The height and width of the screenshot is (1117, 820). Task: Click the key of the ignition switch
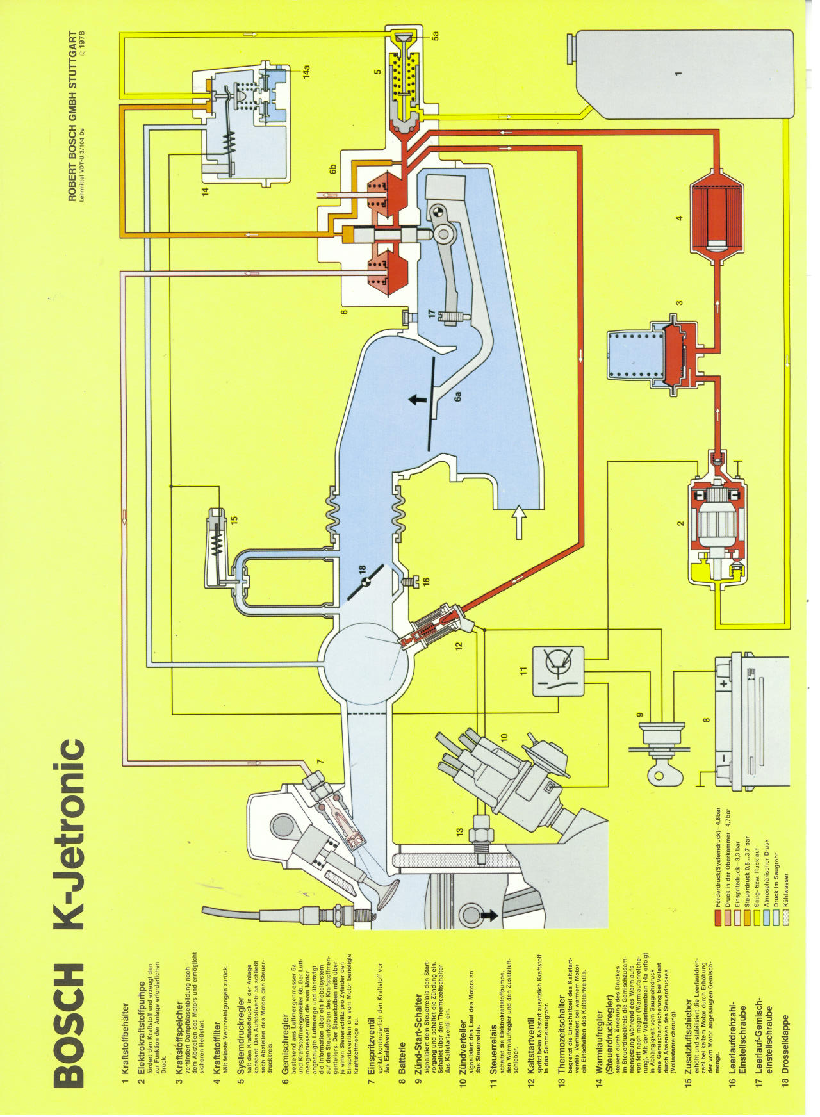659,774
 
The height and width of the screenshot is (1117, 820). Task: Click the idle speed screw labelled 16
407,582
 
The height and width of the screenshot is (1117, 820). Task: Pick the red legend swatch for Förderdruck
718,918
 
